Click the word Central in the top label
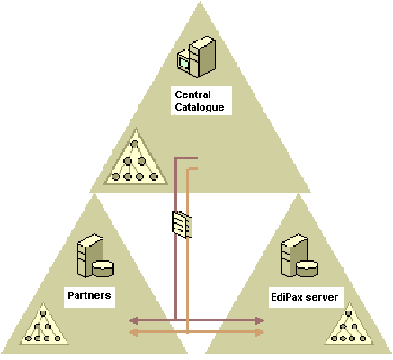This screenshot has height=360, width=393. (192, 94)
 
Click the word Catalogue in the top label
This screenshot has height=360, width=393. (200, 107)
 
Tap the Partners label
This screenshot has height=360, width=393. (89, 295)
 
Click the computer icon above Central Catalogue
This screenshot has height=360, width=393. (196, 57)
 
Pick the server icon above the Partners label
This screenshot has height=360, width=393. (95, 256)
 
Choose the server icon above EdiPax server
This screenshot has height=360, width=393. (299, 256)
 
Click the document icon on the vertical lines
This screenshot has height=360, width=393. (182, 225)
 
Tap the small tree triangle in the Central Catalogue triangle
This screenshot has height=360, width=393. (136, 158)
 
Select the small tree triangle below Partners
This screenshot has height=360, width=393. (44, 326)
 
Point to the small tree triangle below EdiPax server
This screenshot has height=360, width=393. (349, 326)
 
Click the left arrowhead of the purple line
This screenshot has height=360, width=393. (133, 320)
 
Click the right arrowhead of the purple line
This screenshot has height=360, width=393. (259, 320)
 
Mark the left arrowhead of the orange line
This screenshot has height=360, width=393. (133, 332)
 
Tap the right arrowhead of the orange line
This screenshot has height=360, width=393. (259, 332)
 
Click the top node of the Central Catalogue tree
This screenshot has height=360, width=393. (135, 145)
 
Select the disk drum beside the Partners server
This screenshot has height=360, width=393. (103, 268)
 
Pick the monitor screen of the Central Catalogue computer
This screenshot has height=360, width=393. (183, 63)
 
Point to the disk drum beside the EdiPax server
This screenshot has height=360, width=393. (308, 268)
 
